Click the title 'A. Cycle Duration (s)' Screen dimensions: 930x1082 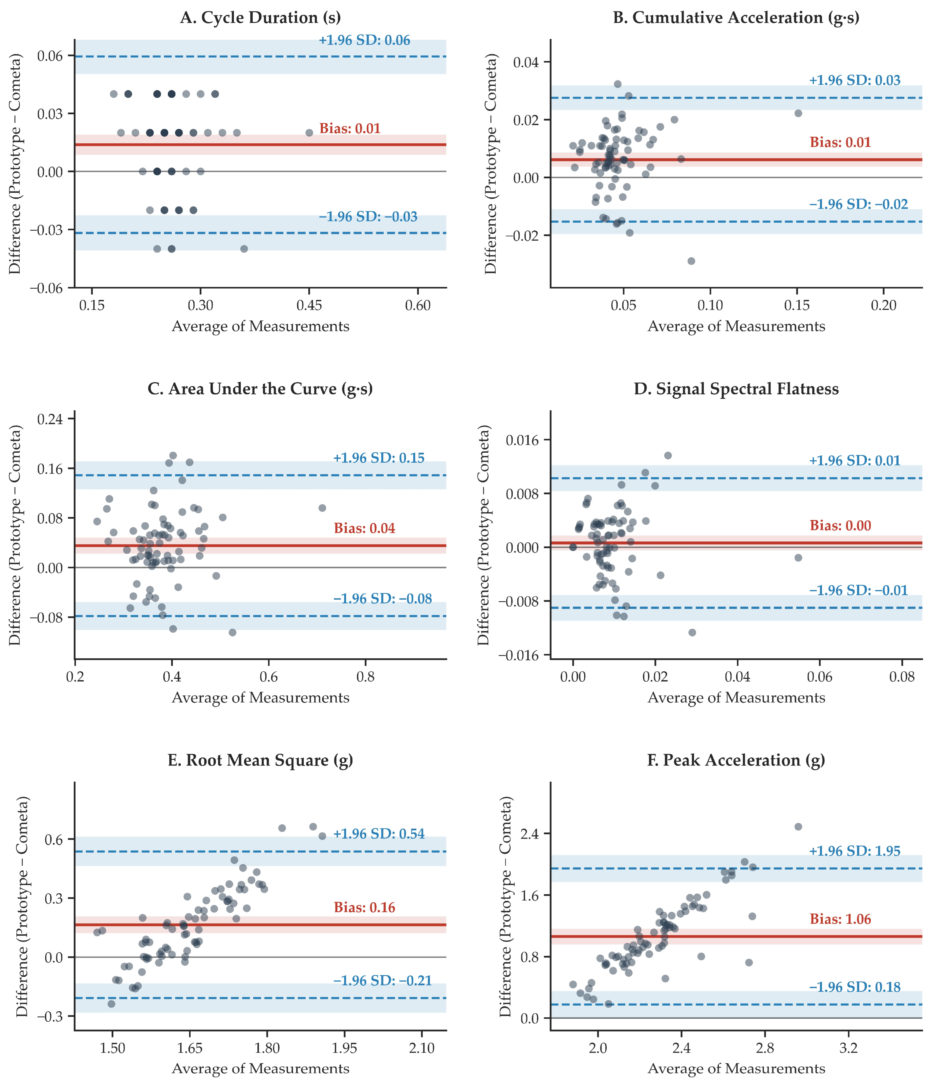pos(260,18)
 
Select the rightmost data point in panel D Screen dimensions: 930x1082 pos(798,558)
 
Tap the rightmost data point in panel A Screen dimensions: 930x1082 pos(309,133)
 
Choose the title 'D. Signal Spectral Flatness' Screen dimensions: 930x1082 pos(736,389)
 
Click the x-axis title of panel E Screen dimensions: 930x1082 pos(260,1068)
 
